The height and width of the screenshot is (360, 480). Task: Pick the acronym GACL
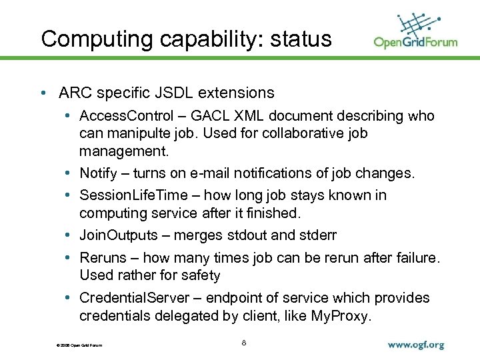pyautogui.click(x=213, y=116)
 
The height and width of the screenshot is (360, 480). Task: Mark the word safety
pyautogui.click(x=196, y=275)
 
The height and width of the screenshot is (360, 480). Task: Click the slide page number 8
pyautogui.click(x=244, y=343)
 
